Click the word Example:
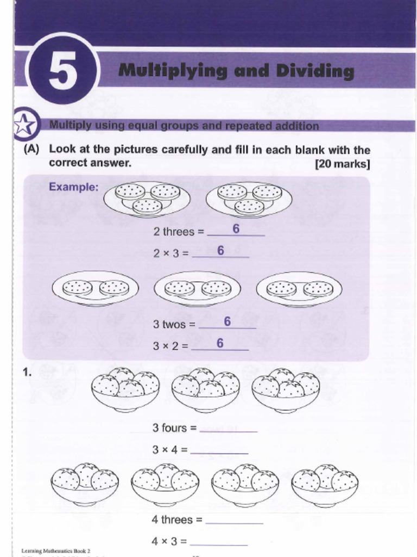(x=74, y=187)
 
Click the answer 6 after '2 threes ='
(x=236, y=230)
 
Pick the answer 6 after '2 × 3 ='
(x=221, y=251)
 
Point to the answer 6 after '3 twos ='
(x=228, y=322)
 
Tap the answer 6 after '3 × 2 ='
(x=220, y=343)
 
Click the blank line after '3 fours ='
(x=229, y=429)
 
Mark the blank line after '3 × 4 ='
(x=219, y=451)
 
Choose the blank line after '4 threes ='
(x=234, y=521)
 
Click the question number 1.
(x=27, y=373)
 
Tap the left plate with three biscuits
(x=147, y=199)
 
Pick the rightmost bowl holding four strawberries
(x=286, y=390)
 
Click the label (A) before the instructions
(x=31, y=150)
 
